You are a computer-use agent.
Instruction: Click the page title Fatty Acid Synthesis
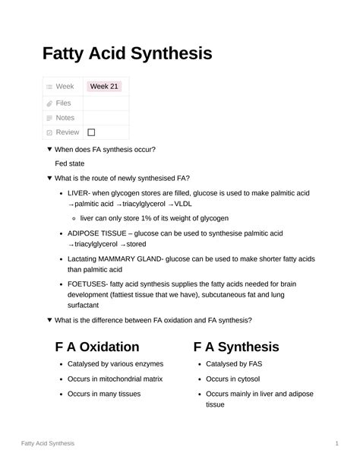[127, 54]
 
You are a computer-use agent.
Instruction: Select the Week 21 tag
[104, 87]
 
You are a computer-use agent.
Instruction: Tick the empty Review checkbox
[91, 132]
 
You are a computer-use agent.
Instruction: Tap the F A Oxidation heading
[97, 347]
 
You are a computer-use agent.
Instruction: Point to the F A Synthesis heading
[236, 347]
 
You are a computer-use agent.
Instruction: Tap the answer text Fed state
[70, 163]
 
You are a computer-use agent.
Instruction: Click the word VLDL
[185, 204]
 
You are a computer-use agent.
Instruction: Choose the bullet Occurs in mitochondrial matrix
[115, 379]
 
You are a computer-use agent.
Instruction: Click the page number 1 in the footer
[336, 442]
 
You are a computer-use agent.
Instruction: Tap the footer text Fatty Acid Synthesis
[48, 442]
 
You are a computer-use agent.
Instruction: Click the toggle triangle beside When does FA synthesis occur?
[49, 150]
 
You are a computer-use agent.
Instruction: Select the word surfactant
[87, 304]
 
